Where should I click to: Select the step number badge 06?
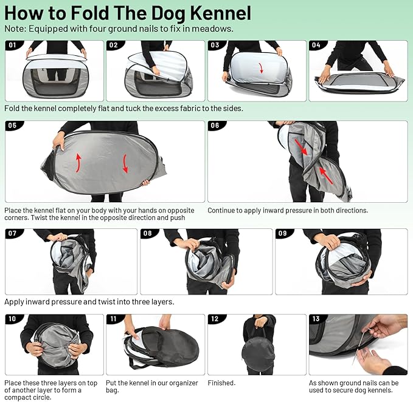pos(215,126)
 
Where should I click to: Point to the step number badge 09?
pos(283,233)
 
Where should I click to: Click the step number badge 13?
pos(316,319)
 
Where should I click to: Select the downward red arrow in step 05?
pos(126,163)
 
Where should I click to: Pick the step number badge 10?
pos(13,319)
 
